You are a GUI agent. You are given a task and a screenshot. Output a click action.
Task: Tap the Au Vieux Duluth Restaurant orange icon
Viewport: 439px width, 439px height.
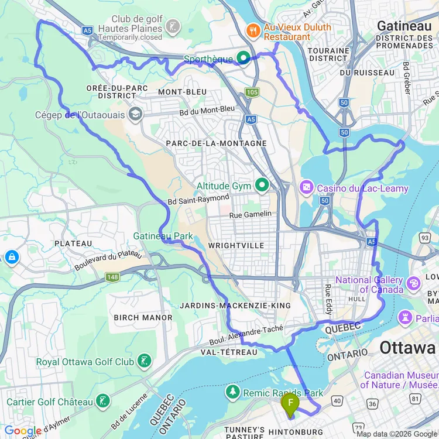[x=253, y=28]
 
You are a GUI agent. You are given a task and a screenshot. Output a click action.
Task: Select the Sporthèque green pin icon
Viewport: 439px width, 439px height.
[x=243, y=58]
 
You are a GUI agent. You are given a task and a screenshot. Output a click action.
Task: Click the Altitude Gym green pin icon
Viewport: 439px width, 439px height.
[x=262, y=186]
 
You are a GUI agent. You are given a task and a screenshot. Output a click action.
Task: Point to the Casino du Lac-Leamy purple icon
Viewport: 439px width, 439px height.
[x=306, y=188]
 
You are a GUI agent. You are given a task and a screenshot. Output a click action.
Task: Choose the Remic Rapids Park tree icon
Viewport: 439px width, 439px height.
[x=233, y=392]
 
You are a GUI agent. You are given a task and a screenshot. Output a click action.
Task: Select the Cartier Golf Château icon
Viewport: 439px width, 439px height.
[x=103, y=402]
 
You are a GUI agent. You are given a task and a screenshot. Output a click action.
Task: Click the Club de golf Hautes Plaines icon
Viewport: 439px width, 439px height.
[x=173, y=26]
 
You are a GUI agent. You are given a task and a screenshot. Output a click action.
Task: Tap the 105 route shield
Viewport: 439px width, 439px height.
[x=252, y=92]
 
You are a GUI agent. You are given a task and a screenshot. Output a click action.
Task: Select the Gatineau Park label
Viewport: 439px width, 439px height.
[x=163, y=235]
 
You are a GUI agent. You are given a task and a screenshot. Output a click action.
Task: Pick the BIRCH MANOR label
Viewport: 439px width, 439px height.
[x=143, y=318]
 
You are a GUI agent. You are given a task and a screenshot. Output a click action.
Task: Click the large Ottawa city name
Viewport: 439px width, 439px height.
[x=409, y=348]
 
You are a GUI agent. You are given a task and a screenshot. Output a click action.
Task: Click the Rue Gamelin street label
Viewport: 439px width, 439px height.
[x=251, y=214]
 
